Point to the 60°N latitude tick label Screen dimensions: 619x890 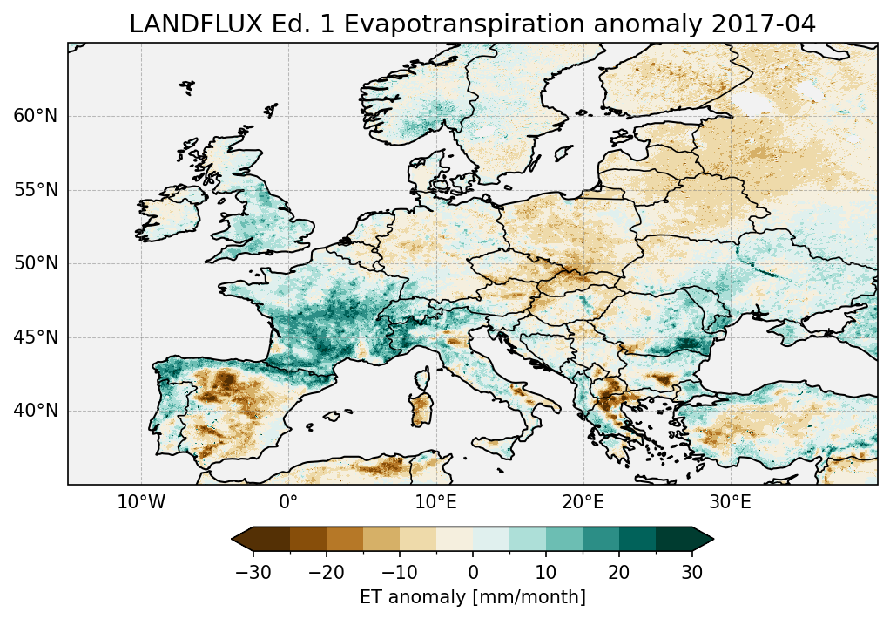(35, 116)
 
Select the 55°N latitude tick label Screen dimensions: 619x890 (35, 190)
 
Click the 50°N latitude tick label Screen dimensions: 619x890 (35, 263)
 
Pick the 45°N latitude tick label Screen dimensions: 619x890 (35, 337)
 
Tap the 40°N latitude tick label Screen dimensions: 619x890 (35, 411)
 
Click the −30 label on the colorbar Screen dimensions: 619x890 (253, 572)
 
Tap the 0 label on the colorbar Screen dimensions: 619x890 (473, 572)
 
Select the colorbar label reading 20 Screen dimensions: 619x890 (619, 572)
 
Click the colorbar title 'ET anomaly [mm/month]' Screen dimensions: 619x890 (473, 597)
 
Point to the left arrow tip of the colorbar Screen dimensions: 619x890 (233, 540)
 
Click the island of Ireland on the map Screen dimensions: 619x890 (170, 216)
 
